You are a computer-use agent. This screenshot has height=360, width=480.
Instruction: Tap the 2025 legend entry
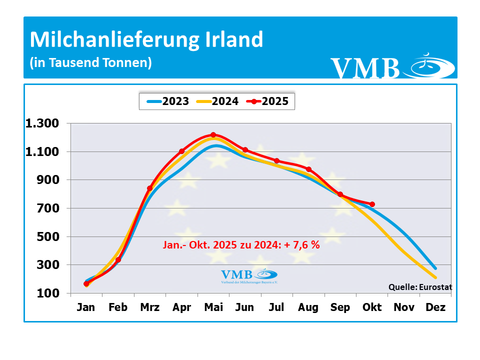[269, 101]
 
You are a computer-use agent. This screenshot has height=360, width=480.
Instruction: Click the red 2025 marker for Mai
[213, 134]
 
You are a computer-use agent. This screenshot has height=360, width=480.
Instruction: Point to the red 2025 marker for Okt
[372, 204]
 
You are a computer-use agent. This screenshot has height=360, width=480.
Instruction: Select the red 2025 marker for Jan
[86, 283]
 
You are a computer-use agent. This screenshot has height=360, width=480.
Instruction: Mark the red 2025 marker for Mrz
[149, 188]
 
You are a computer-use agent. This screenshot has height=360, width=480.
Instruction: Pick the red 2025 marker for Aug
[308, 169]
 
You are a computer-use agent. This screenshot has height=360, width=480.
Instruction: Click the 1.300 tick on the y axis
[42, 123]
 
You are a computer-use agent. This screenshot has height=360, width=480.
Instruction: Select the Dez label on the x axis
[435, 307]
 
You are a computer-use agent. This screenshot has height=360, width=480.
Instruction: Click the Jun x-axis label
[245, 307]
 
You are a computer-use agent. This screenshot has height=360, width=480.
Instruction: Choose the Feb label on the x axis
[118, 307]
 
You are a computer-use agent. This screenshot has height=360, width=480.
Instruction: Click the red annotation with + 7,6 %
[241, 245]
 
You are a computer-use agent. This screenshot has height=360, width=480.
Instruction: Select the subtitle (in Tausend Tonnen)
[90, 63]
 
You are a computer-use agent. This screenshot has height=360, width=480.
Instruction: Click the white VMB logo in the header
[392, 67]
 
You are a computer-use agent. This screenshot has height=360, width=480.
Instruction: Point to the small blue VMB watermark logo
[249, 275]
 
